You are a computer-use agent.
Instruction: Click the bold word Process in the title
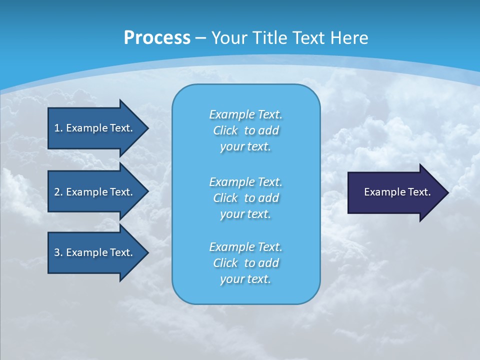coord(157,38)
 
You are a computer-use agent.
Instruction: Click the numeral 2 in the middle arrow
coord(57,192)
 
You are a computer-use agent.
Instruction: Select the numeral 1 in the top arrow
coord(57,128)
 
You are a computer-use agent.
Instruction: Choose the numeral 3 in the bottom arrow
coord(57,252)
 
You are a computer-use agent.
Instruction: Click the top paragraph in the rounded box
coord(245,130)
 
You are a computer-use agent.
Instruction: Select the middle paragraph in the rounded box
coord(245,198)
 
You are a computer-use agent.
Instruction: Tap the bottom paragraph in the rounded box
coord(245,263)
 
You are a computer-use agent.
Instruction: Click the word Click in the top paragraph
coord(225,130)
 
